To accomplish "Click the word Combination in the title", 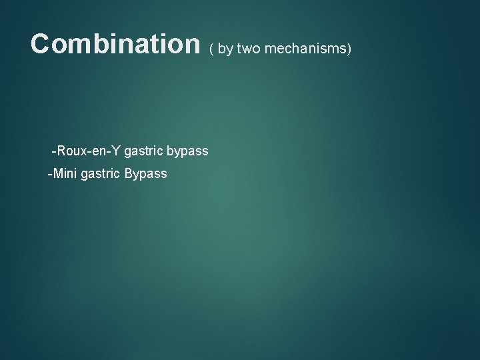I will coord(115,44).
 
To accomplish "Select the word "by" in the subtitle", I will coord(225,48).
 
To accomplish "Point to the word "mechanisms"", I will coord(303,48).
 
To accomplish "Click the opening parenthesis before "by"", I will coord(212,48).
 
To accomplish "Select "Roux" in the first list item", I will coord(71,151).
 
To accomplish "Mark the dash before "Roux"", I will coord(54,152).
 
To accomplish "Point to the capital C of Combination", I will coord(41,44).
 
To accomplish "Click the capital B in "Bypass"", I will coord(129,174).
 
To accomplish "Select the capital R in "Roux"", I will coord(61,151).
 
